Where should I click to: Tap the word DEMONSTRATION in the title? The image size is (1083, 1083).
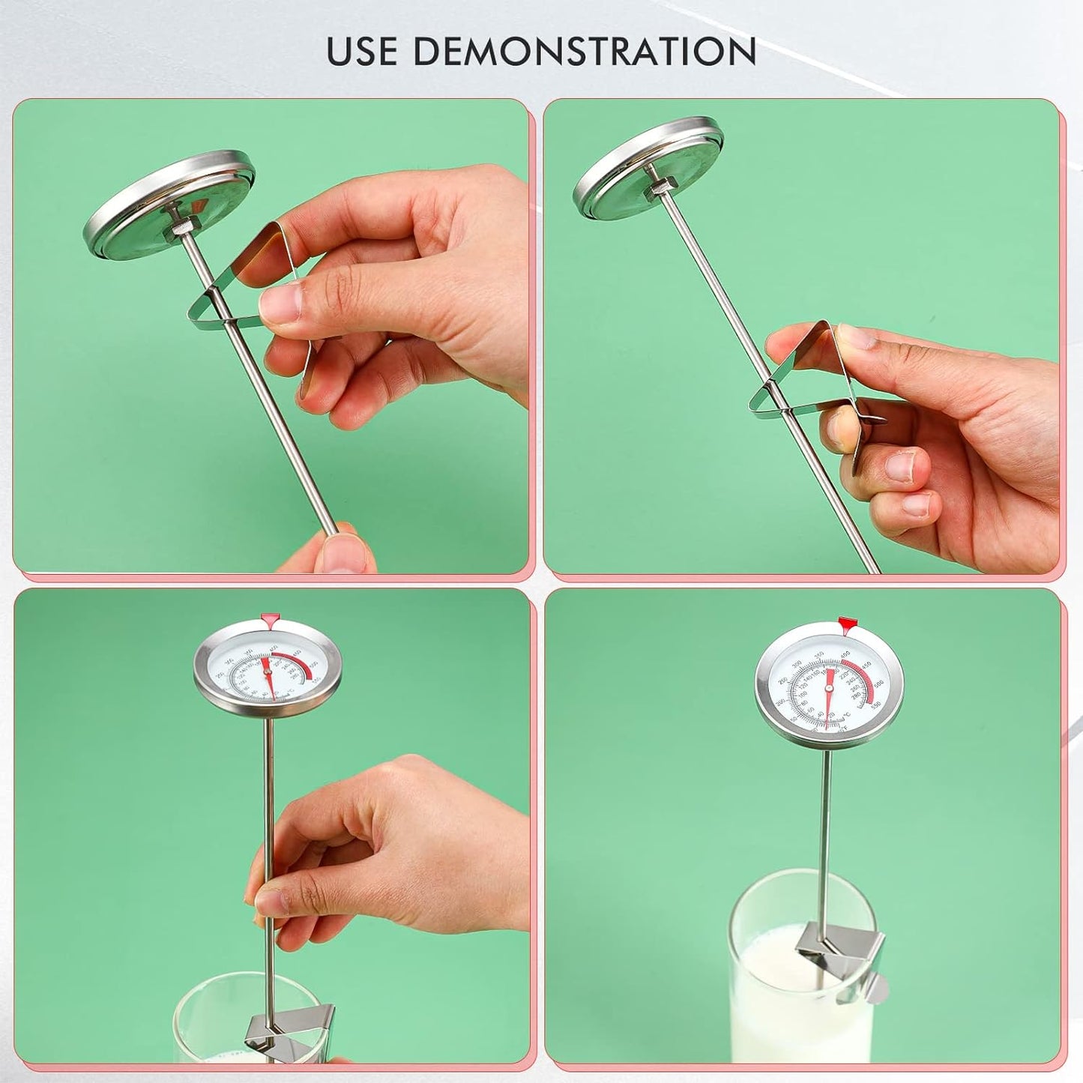[x=585, y=51]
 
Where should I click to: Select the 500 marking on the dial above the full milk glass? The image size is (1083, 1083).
[x=878, y=683]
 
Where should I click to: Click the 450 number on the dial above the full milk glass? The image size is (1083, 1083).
[x=866, y=664]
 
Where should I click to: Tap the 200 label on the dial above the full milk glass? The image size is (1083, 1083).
[x=780, y=702]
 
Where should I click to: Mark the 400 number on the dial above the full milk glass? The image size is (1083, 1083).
[x=845, y=654]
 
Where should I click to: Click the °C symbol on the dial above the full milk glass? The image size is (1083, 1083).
[x=846, y=713]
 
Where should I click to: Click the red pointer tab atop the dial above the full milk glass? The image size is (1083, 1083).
[x=846, y=621]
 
